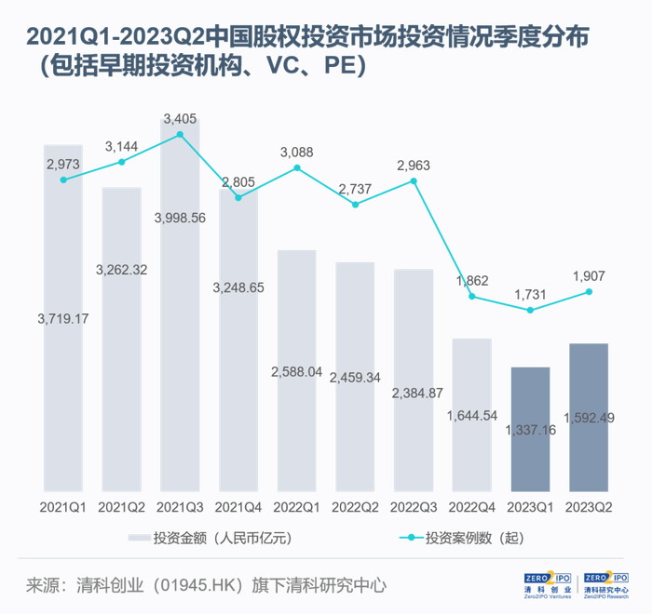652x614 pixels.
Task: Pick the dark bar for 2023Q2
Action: tap(588, 419)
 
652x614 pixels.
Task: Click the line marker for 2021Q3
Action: tap(180, 134)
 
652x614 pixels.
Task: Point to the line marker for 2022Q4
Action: tap(471, 297)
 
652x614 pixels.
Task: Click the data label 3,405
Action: tap(180, 118)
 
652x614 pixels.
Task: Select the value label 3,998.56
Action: tap(180, 217)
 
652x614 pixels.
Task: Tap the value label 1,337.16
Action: tap(530, 430)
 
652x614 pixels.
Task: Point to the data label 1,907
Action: tap(588, 275)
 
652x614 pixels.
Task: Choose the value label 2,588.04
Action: tap(296, 371)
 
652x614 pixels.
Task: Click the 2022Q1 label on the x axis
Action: tap(296, 508)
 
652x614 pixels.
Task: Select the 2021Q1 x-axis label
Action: tap(63, 508)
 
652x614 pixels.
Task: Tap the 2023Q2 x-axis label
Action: tap(588, 508)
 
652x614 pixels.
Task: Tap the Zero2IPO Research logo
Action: tap(604, 583)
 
